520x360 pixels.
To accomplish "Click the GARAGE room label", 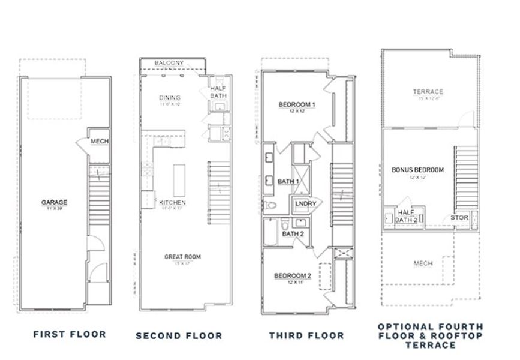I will tap(54, 202).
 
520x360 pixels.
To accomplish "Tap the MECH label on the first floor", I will tap(99, 142).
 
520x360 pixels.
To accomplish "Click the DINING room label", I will tap(170, 98).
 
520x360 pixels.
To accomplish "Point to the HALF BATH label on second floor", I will tap(217, 93).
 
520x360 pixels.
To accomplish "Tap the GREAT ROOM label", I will tap(182, 256).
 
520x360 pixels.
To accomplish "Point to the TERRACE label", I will tap(428, 92).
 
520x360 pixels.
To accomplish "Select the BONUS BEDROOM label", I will tap(417, 170).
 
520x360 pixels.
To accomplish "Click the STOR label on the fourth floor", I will tap(460, 217).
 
